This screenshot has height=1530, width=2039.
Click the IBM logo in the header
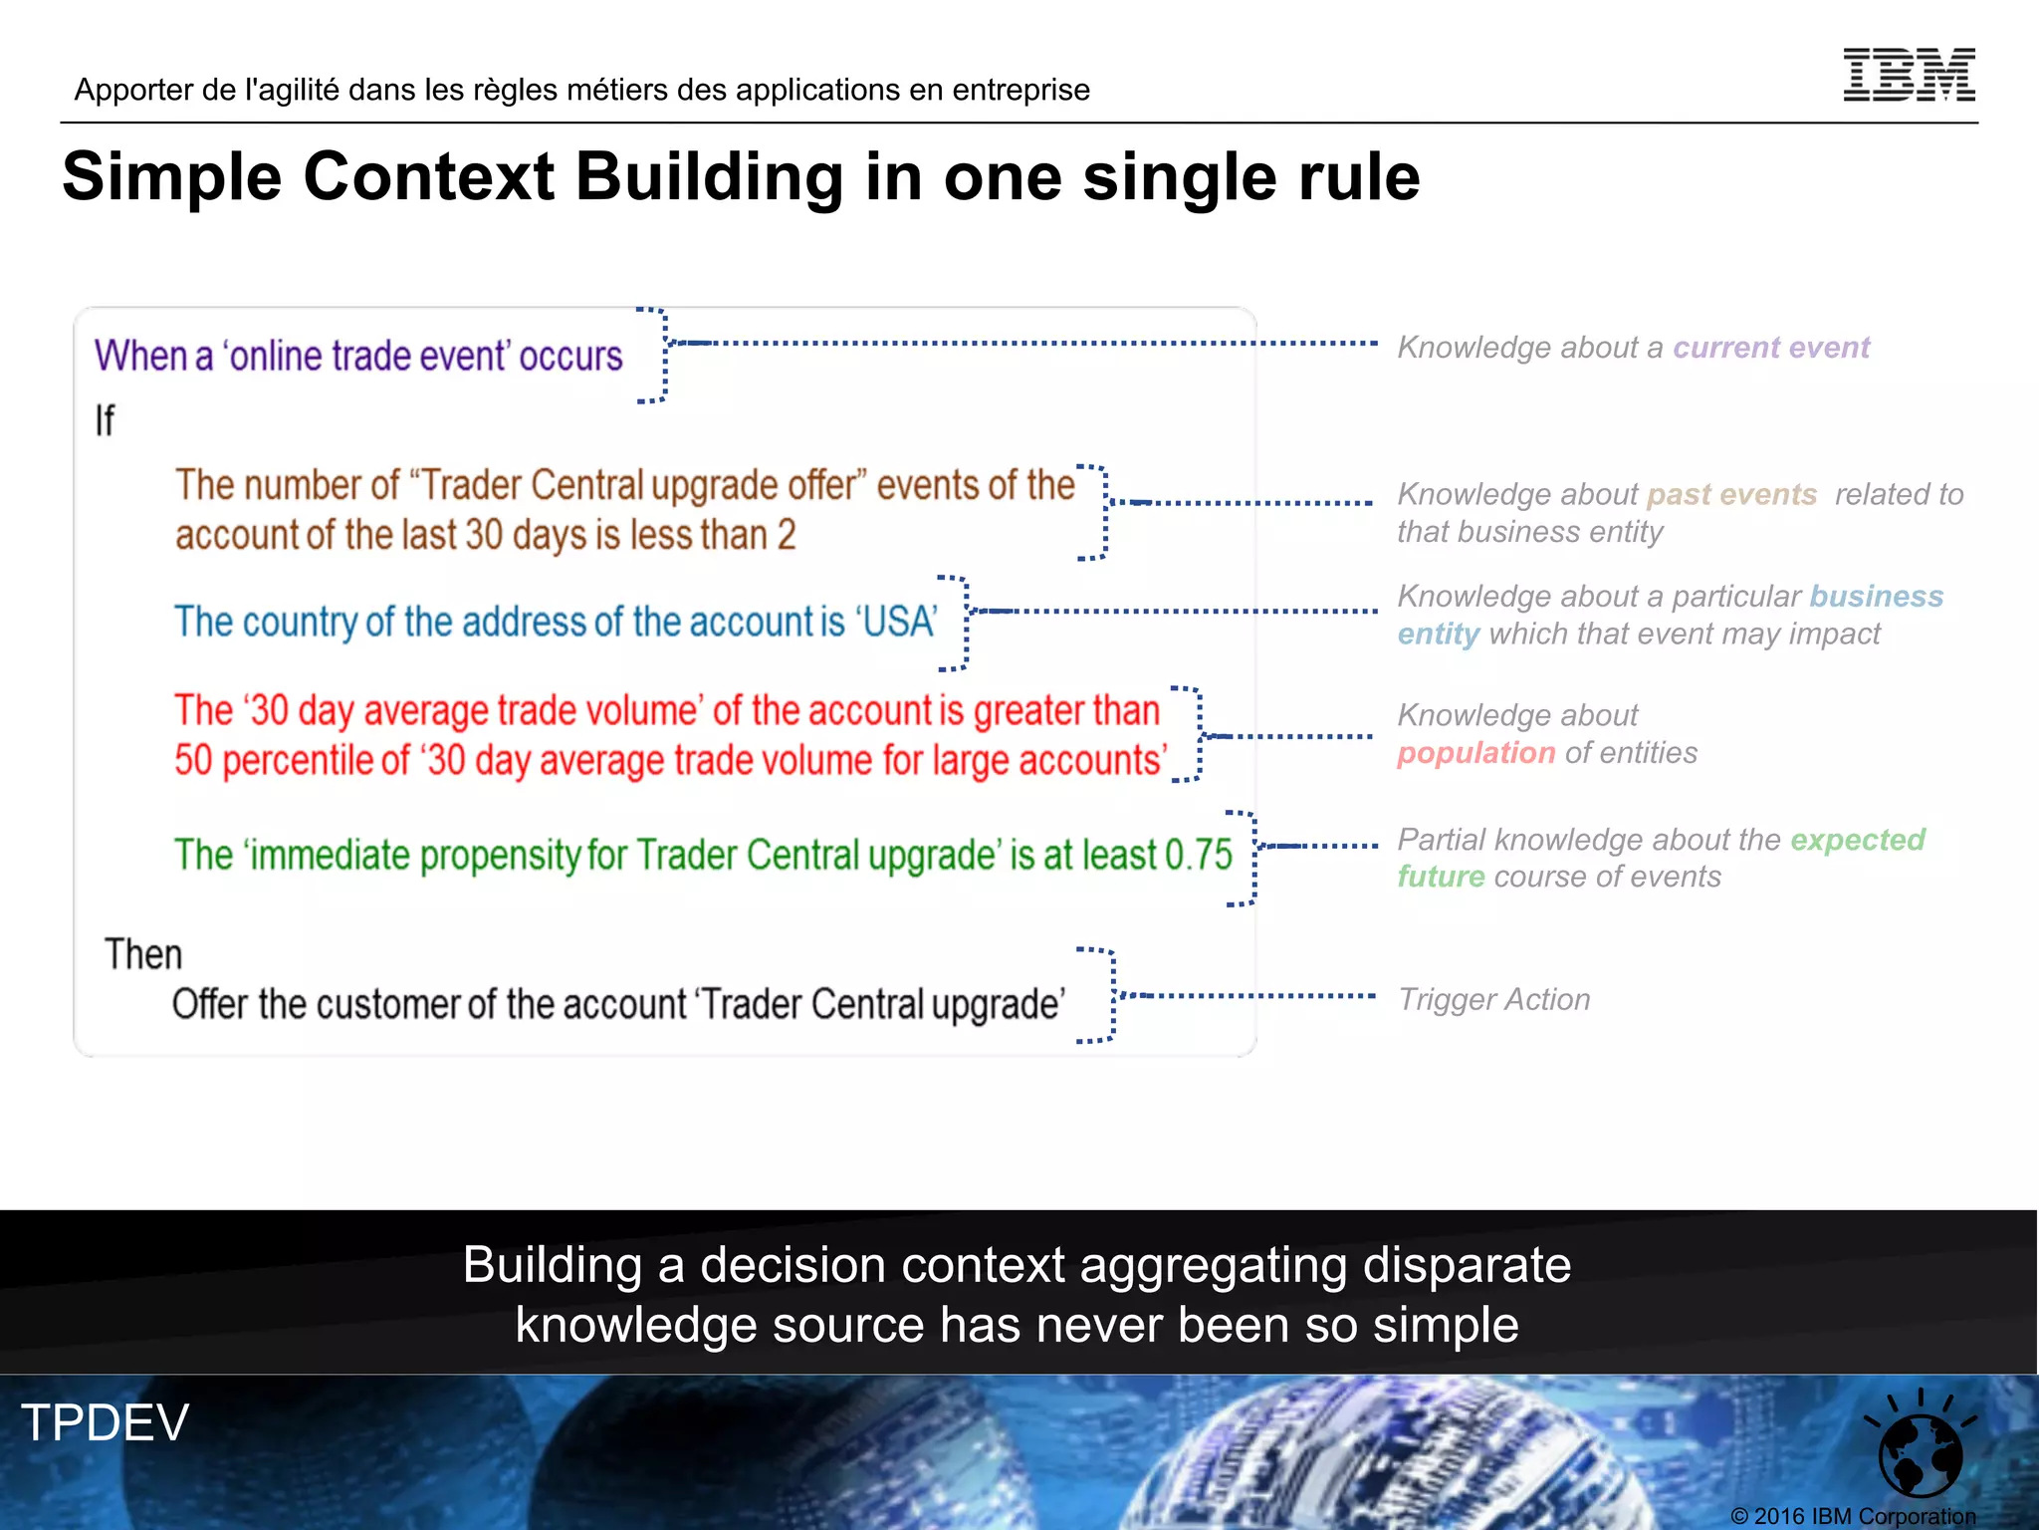pyautogui.click(x=1909, y=75)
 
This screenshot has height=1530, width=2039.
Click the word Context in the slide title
pyautogui.click(x=428, y=177)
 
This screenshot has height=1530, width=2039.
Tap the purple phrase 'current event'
pyautogui.click(x=1771, y=348)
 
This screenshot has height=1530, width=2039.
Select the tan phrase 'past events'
pyautogui.click(x=1731, y=495)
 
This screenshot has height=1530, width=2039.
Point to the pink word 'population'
pyautogui.click(x=1475, y=753)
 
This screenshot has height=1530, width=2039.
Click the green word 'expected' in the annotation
pyautogui.click(x=1858, y=840)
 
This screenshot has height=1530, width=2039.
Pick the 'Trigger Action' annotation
pyautogui.click(x=1494, y=999)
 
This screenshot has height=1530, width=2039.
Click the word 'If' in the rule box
pyautogui.click(x=105, y=420)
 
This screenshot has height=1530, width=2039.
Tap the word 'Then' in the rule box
pyautogui.click(x=143, y=954)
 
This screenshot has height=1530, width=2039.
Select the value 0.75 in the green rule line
pyautogui.click(x=1199, y=855)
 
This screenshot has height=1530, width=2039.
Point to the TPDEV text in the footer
pyautogui.click(x=105, y=1421)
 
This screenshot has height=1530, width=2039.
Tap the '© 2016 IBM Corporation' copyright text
pyautogui.click(x=1853, y=1516)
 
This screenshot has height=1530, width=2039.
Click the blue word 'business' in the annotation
pyautogui.click(x=1876, y=597)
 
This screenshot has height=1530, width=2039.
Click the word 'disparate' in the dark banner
pyautogui.click(x=1467, y=1265)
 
